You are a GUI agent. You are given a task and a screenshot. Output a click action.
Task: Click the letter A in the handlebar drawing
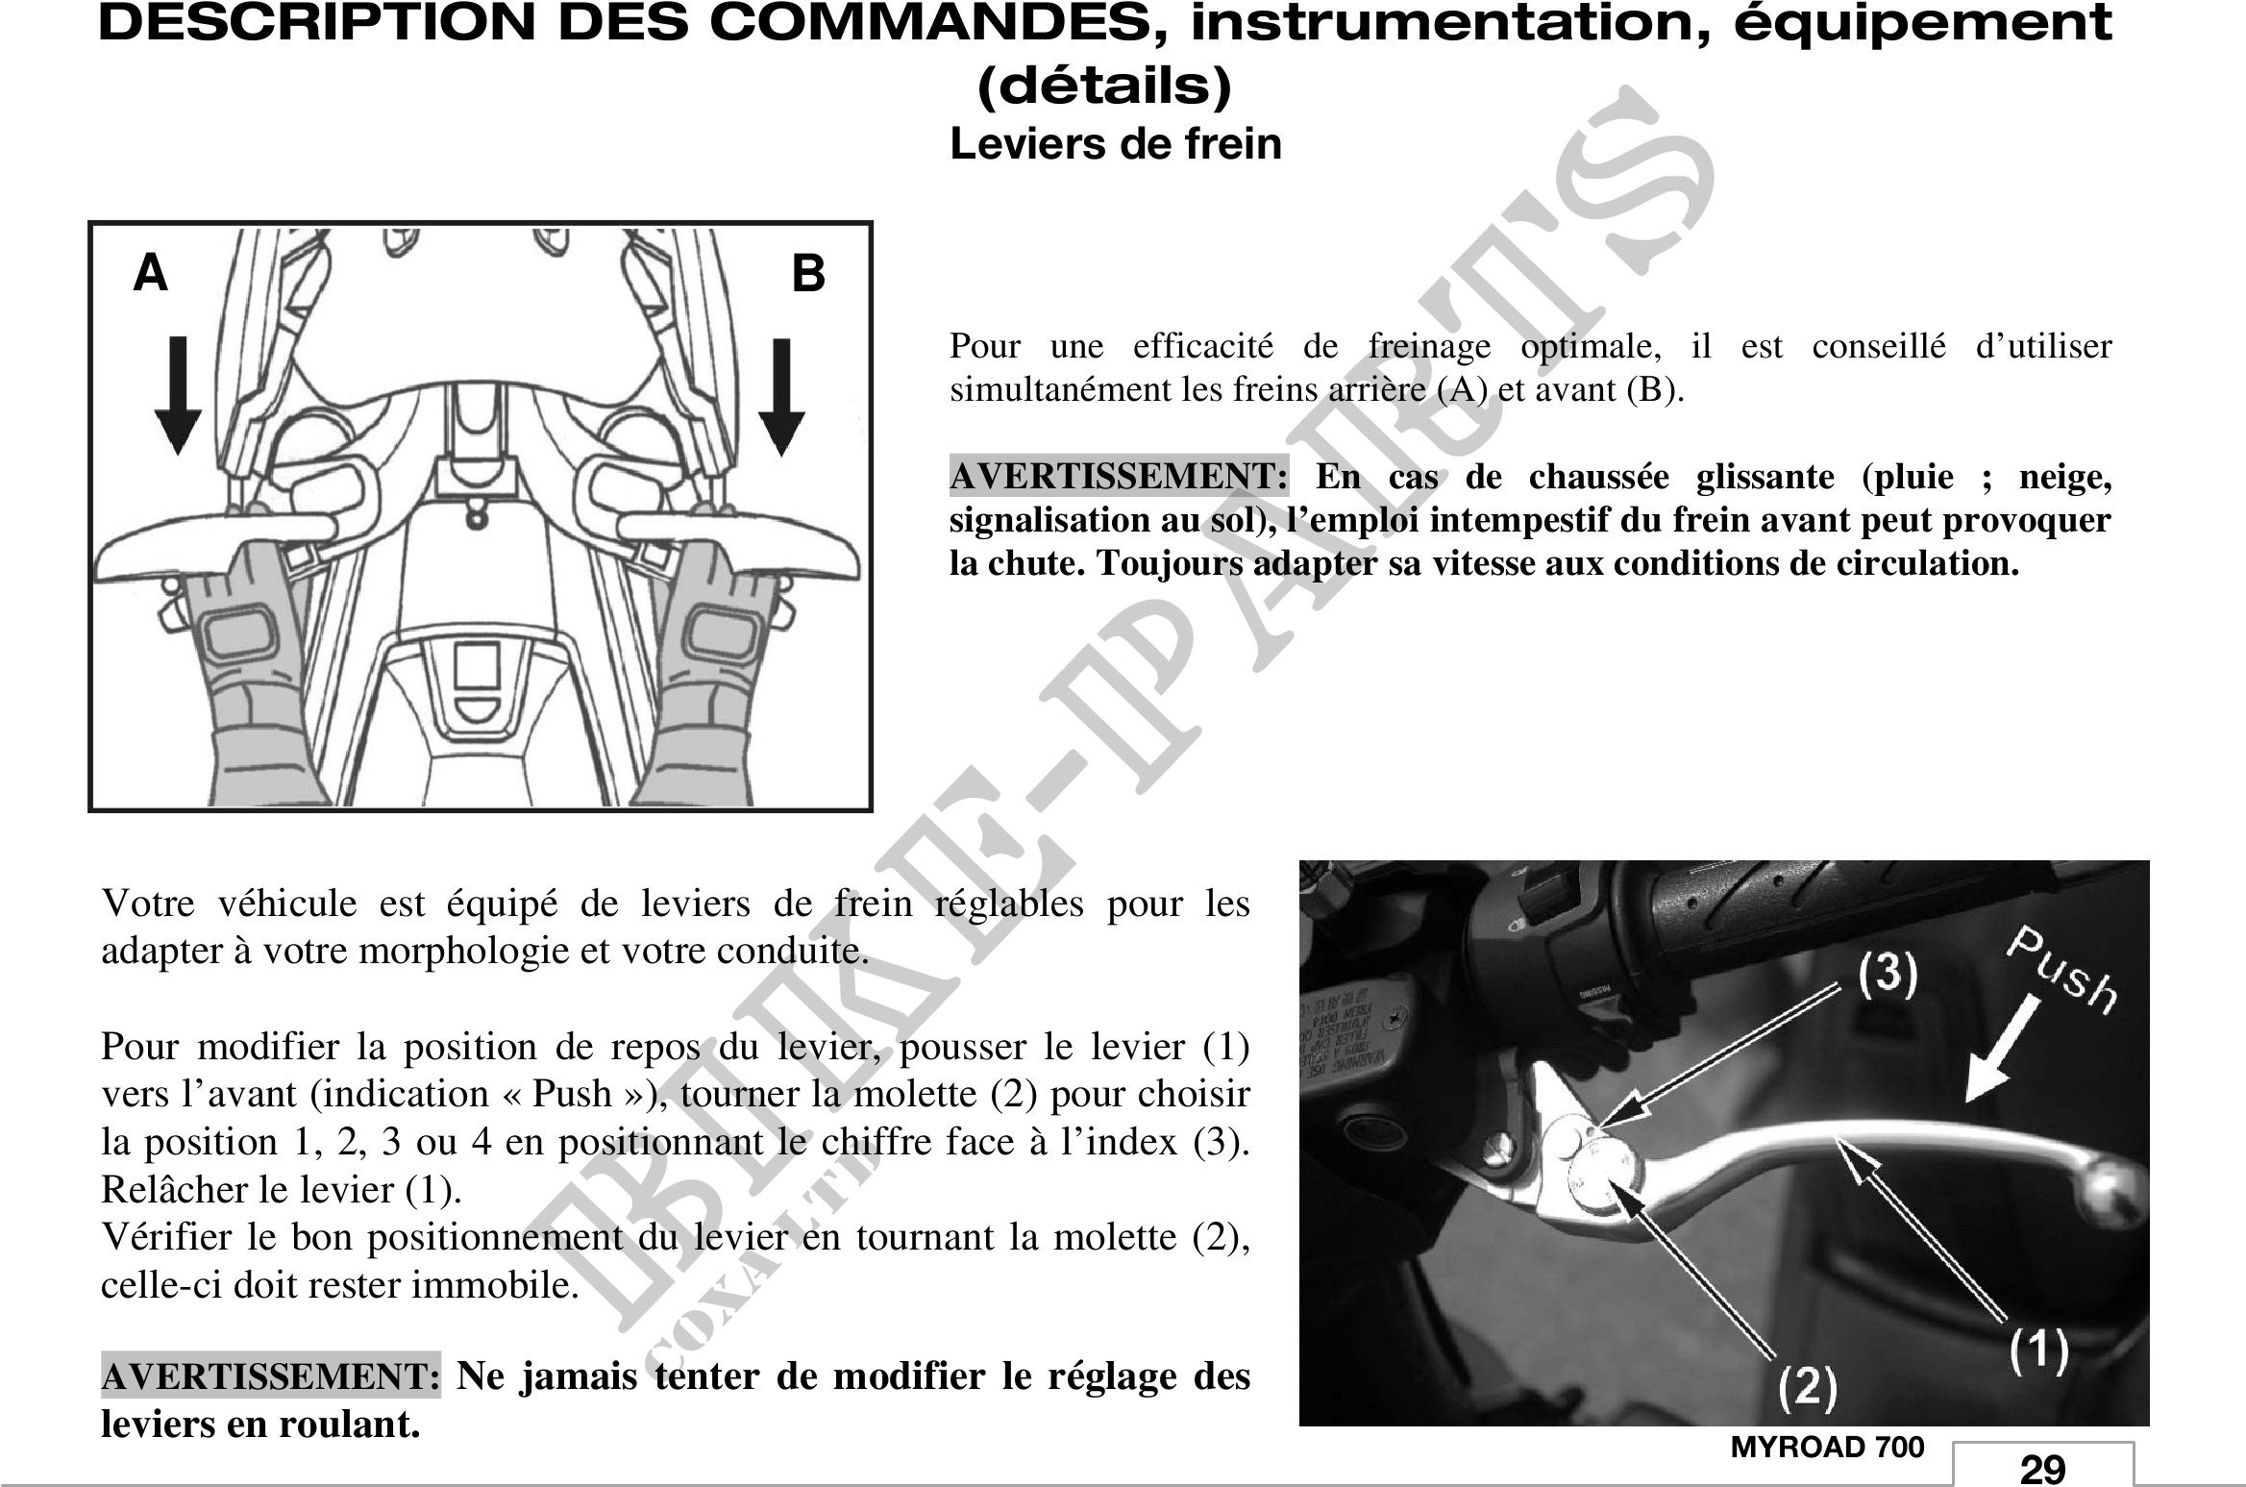(x=150, y=273)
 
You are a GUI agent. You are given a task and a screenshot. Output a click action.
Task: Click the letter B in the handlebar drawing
(x=808, y=274)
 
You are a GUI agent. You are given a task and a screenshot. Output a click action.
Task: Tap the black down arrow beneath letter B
(x=782, y=397)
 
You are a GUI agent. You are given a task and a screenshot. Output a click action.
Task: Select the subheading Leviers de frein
(x=1116, y=144)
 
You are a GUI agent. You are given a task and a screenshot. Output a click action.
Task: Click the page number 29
(x=2042, y=1470)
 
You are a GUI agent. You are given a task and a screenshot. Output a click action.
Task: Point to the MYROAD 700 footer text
(x=1828, y=1448)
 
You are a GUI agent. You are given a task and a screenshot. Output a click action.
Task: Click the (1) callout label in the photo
(x=2039, y=1352)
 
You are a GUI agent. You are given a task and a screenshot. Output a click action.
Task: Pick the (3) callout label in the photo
(x=1888, y=973)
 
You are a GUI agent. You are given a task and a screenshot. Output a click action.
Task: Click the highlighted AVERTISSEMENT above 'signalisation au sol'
(x=1119, y=477)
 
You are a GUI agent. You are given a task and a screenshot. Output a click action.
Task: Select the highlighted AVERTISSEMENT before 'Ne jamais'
(x=271, y=1376)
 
